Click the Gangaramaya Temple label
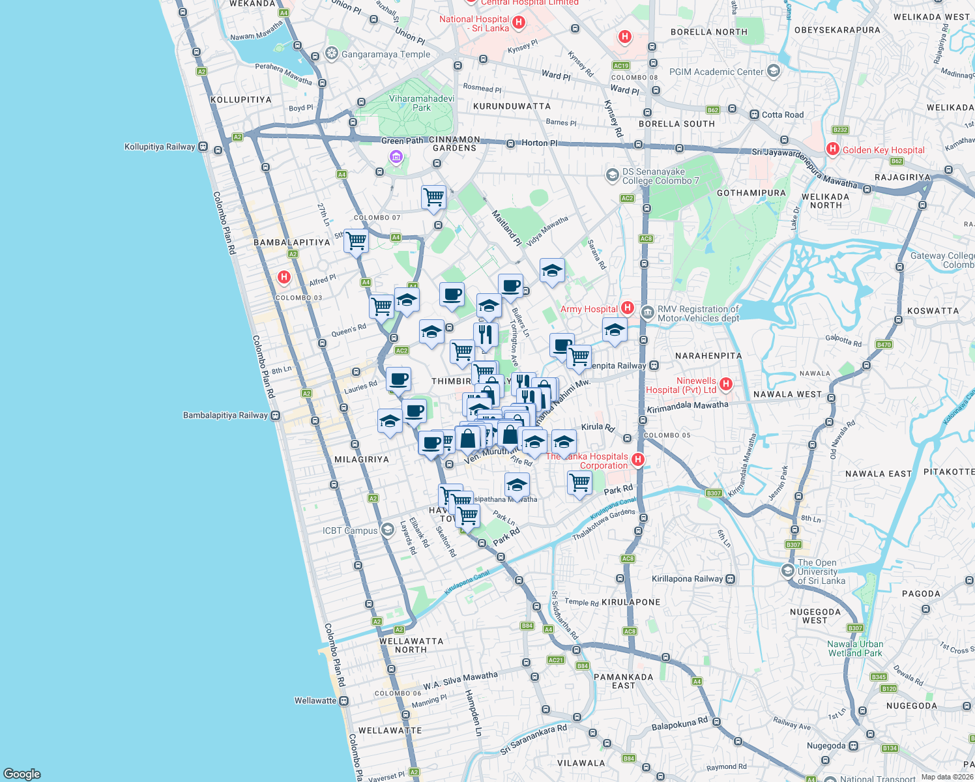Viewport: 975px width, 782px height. (x=386, y=54)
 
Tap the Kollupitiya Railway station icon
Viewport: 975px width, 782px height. (x=203, y=147)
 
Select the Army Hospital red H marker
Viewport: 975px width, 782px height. (x=627, y=308)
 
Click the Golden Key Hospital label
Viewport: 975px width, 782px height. (x=883, y=150)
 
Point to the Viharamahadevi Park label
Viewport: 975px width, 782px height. (x=422, y=103)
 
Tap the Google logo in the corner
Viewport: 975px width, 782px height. (x=22, y=774)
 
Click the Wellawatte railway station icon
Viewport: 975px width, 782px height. (x=343, y=701)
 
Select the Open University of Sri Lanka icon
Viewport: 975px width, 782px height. (x=788, y=571)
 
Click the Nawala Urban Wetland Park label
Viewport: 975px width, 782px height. (x=854, y=648)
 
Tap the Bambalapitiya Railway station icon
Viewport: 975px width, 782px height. (x=276, y=416)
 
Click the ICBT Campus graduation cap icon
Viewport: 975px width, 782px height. (x=387, y=529)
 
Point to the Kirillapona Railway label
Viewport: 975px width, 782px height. (x=687, y=579)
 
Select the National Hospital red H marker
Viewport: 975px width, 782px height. (x=519, y=23)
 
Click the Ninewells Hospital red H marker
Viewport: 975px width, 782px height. (x=726, y=384)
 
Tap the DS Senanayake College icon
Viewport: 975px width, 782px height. (x=612, y=175)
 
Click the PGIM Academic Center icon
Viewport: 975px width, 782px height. (x=774, y=71)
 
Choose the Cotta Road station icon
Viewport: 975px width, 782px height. (x=754, y=115)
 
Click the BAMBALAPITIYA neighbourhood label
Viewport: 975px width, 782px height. (x=291, y=242)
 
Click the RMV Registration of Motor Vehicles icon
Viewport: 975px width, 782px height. (x=647, y=312)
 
